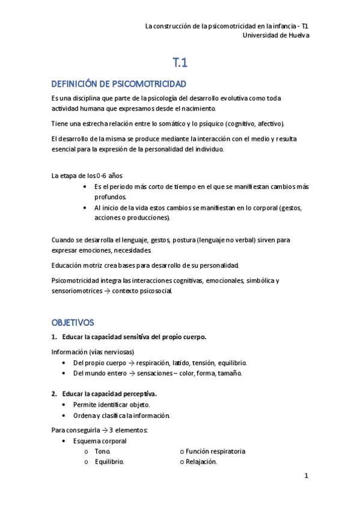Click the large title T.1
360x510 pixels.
180,61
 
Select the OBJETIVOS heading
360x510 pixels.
73,322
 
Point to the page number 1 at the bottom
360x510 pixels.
306,476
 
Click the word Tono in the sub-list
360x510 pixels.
103,451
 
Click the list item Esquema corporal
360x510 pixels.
100,441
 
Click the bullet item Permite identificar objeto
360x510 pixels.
112,405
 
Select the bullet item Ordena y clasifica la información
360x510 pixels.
121,416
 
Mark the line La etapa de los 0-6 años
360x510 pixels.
87,176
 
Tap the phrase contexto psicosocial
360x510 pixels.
146,291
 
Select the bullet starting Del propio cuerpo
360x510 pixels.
160,363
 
